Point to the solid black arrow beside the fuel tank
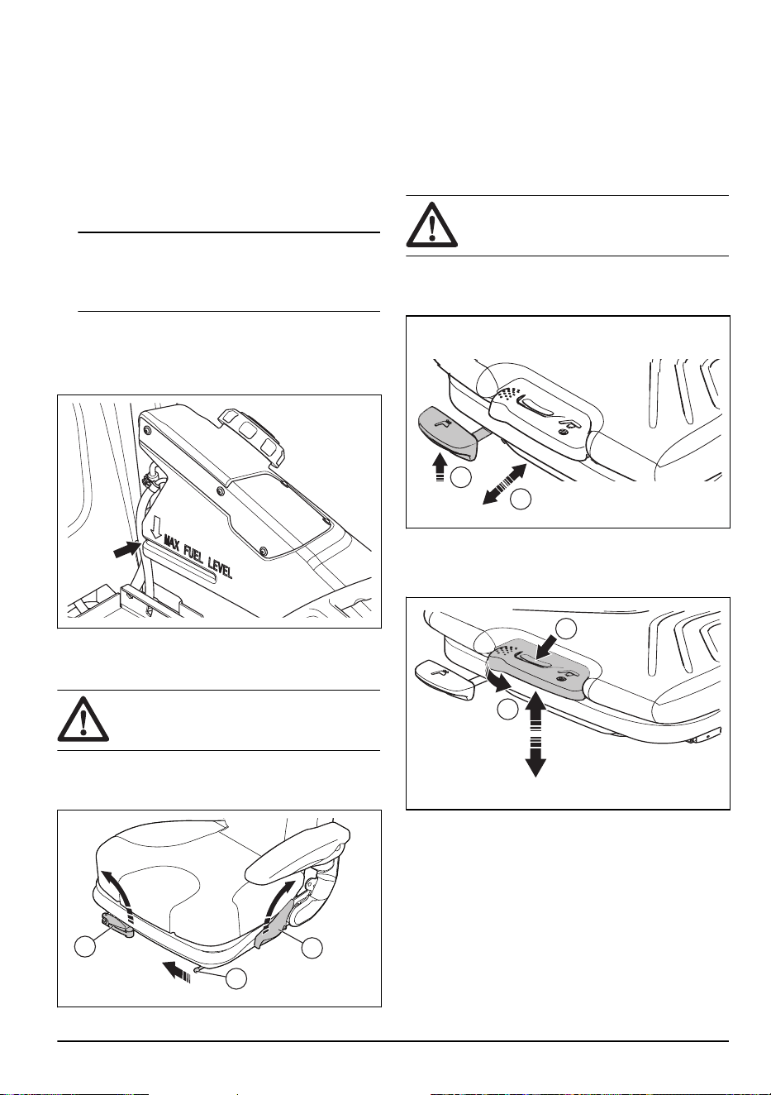(126, 549)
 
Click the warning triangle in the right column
(431, 225)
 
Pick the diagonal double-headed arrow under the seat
(504, 485)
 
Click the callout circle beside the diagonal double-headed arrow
(521, 500)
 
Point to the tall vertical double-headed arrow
(536, 734)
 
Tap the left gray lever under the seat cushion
(117, 925)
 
